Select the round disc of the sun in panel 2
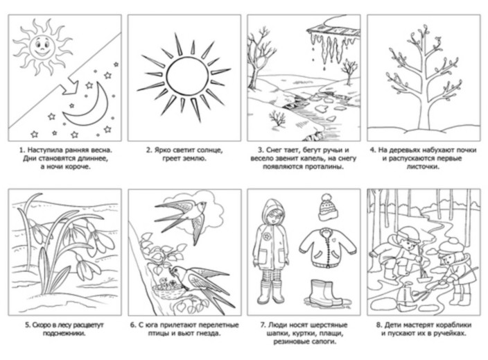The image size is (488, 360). click(187, 76)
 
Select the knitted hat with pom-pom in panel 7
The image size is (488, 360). click(326, 207)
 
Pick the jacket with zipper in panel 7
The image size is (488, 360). click(328, 248)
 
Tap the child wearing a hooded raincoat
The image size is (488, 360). click(270, 252)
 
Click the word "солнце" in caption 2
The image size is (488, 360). click(210, 151)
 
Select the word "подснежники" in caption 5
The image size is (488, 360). click(64, 334)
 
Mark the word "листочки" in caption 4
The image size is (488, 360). click(423, 166)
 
